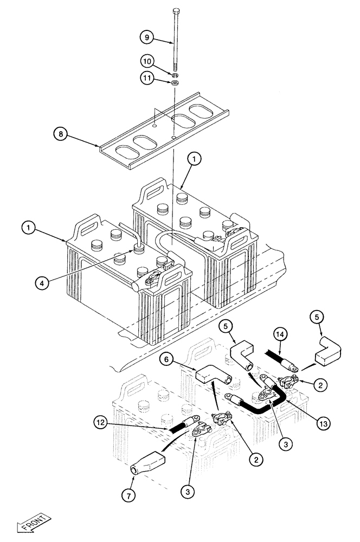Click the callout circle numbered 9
[x=145, y=37]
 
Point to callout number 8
[x=61, y=133]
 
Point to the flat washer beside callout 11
[x=175, y=83]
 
